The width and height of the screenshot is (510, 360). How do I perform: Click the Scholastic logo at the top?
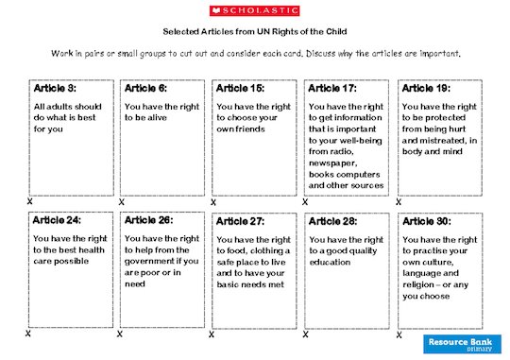pyautogui.click(x=254, y=10)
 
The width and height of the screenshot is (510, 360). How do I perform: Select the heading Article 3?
pyautogui.click(x=56, y=88)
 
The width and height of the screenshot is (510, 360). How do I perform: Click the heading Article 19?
pyautogui.click(x=427, y=88)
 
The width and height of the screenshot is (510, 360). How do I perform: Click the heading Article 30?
pyautogui.click(x=427, y=220)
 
